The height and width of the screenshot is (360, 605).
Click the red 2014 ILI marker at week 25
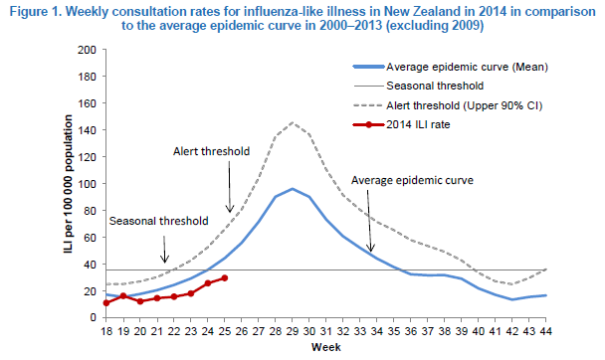225,277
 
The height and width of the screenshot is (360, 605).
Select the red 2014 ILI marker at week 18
106,303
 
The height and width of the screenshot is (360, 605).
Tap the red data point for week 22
174,296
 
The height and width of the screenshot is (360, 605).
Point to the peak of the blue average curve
293,189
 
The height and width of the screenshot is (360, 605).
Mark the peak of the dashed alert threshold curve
293,123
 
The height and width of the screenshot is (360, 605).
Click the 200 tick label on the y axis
87,50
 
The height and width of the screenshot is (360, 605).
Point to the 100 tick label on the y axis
87,184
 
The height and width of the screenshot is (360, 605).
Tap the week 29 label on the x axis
293,331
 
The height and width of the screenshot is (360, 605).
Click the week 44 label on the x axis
545,331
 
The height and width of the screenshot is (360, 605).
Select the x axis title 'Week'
326,347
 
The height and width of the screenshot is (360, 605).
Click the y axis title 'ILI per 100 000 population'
69,184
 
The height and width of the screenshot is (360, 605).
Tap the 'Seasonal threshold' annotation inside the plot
158,221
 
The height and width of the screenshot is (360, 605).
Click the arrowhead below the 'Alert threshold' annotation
230,209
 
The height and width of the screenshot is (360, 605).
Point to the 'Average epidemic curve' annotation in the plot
412,180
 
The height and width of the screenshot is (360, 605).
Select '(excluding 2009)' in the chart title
435,26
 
